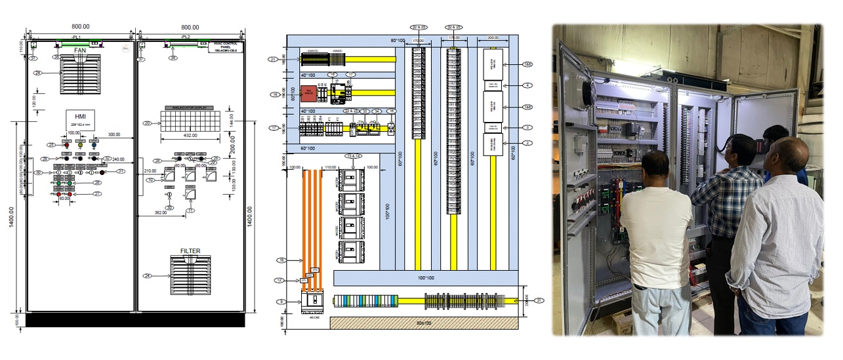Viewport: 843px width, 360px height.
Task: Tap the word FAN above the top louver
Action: coord(80,50)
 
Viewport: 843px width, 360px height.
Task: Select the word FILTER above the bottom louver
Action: coord(190,251)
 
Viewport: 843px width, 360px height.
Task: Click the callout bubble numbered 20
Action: coord(147,123)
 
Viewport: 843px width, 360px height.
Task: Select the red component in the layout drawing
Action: coord(306,93)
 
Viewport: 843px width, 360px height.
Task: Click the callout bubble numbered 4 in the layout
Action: coord(528,85)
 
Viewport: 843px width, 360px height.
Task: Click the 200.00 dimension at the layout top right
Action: coord(493,38)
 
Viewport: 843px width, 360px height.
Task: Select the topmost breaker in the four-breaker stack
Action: coord(351,182)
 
